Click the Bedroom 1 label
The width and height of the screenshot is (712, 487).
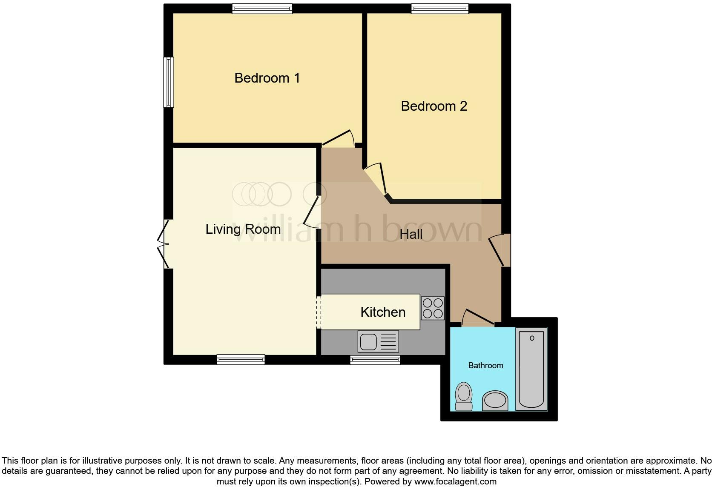pyautogui.click(x=267, y=78)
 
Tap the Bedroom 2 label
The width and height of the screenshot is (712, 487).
pyautogui.click(x=434, y=106)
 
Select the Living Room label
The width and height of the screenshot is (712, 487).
pyautogui.click(x=243, y=229)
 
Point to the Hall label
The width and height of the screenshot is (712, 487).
pyautogui.click(x=411, y=234)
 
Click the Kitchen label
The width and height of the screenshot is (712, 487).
pyautogui.click(x=382, y=312)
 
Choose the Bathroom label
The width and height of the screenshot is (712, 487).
pyautogui.click(x=485, y=365)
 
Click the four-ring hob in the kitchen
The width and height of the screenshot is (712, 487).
pyautogui.click(x=433, y=308)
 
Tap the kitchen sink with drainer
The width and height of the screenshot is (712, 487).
pyautogui.click(x=379, y=341)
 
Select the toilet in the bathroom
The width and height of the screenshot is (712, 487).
pyautogui.click(x=464, y=396)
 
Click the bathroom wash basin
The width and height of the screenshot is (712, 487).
pyautogui.click(x=495, y=401)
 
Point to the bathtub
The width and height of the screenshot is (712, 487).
pyautogui.click(x=531, y=369)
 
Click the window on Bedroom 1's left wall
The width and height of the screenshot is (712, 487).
pyautogui.click(x=169, y=82)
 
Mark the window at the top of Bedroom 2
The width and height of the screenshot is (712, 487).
pyautogui.click(x=439, y=9)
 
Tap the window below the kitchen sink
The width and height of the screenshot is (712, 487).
pyautogui.click(x=375, y=360)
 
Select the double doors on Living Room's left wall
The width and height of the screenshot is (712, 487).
pyautogui.click(x=164, y=244)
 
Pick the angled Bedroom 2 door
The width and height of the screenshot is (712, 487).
pyautogui.click(x=376, y=179)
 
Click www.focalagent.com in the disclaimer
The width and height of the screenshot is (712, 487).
pyautogui.click(x=455, y=481)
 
